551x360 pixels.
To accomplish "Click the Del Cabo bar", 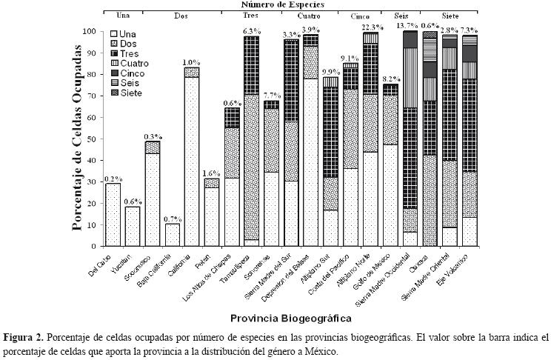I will point(113,215).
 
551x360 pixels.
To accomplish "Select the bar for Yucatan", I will point(133,227).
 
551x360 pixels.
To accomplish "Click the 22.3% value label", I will point(370,27).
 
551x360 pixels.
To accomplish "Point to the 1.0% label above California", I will point(192,62).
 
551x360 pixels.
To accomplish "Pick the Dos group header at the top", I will point(181,15).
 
